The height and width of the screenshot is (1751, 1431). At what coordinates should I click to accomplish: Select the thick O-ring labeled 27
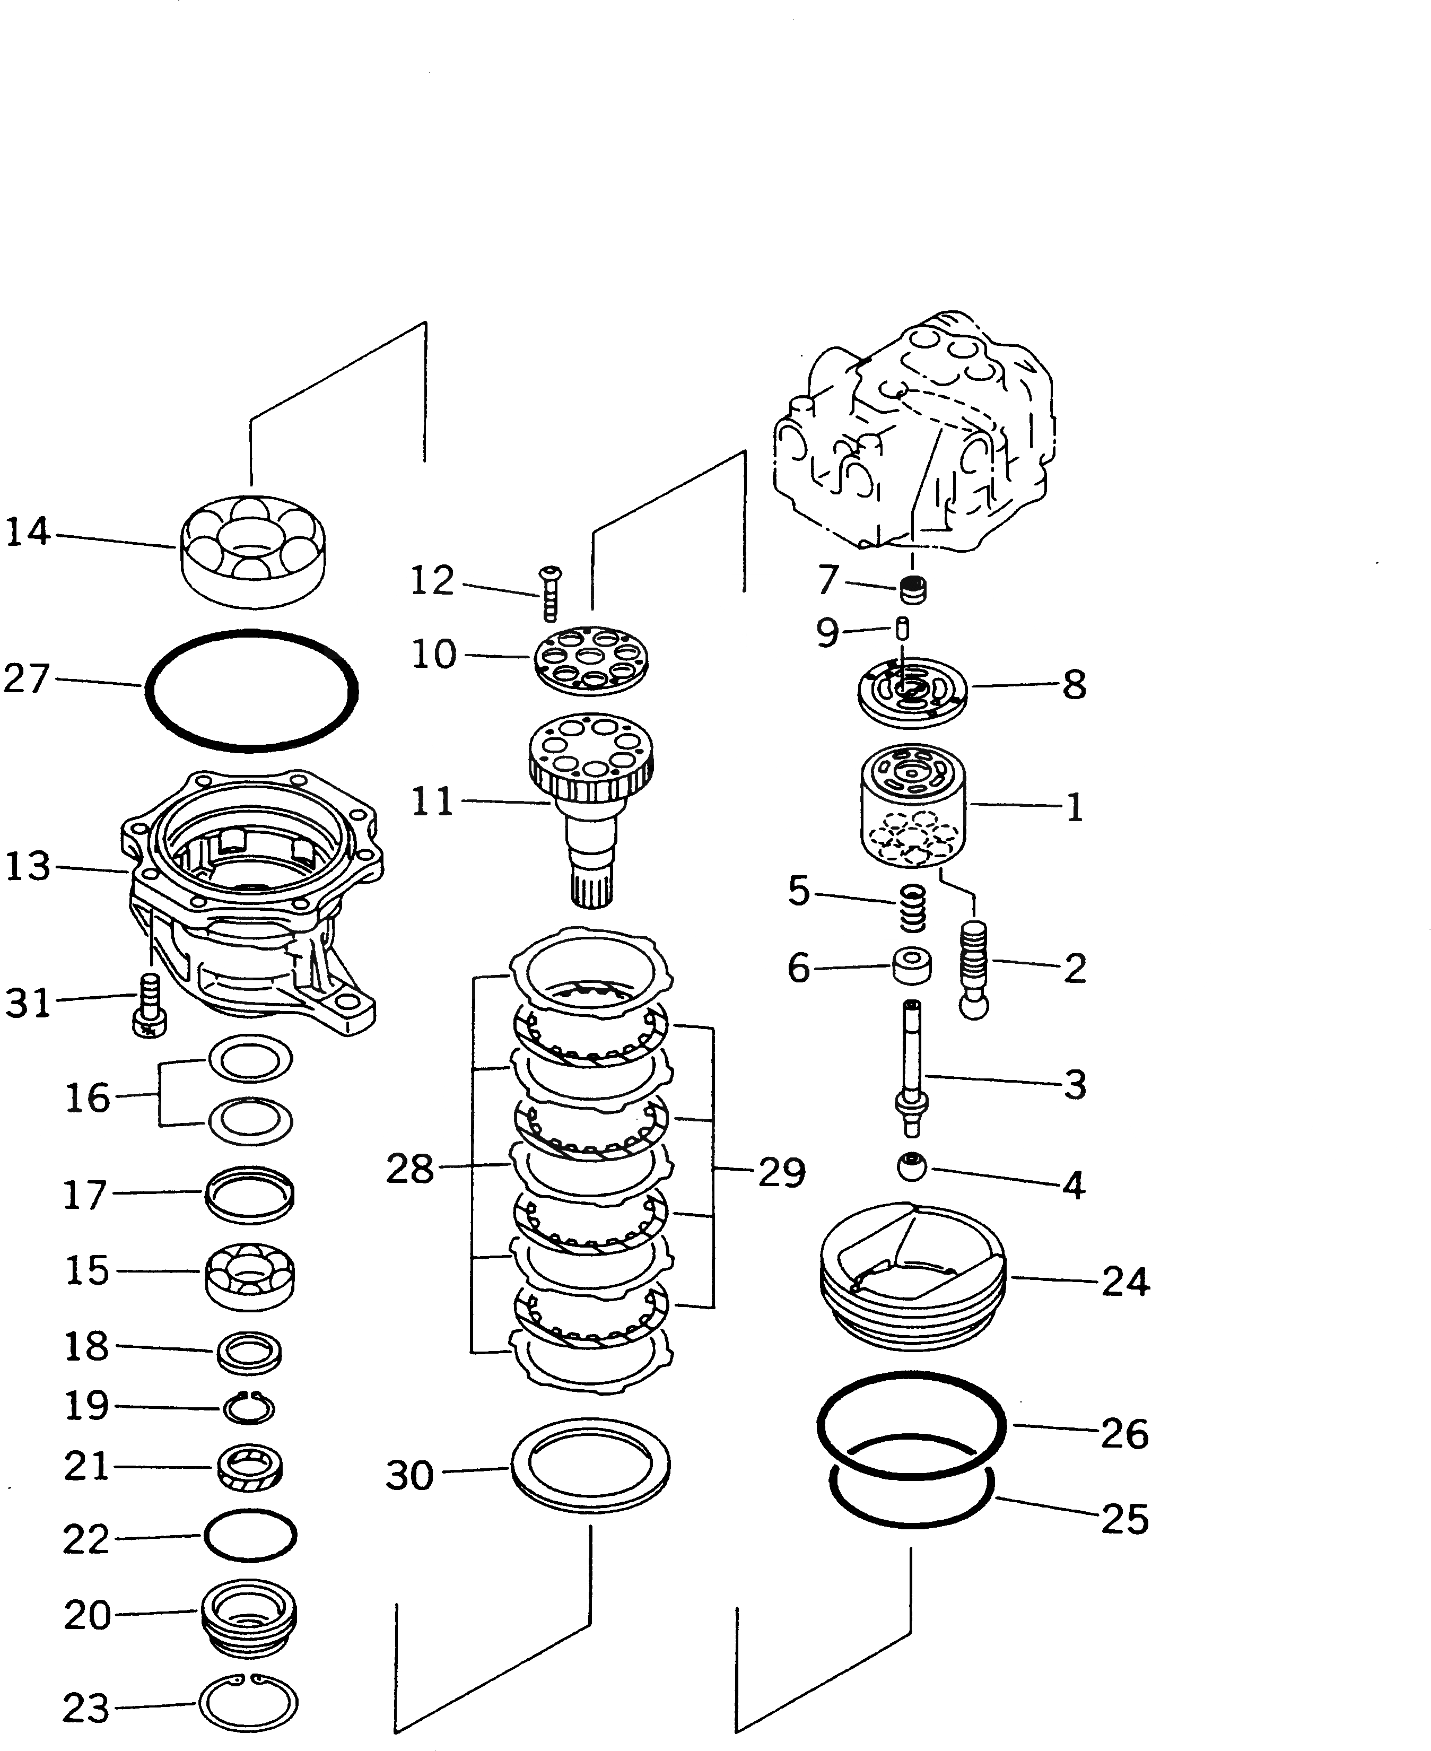[x=251, y=691]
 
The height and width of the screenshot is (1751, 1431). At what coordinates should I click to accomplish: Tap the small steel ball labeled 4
[x=912, y=1168]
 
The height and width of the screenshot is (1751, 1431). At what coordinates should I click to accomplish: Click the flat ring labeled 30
[x=590, y=1466]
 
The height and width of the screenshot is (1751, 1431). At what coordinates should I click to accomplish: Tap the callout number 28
[x=409, y=1169]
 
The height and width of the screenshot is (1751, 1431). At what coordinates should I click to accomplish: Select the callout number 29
[x=781, y=1172]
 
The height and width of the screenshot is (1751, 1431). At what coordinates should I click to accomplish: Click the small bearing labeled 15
[x=250, y=1275]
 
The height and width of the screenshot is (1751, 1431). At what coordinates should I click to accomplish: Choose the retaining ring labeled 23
[x=248, y=1703]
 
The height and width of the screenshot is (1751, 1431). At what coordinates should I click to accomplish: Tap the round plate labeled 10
[x=590, y=657]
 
